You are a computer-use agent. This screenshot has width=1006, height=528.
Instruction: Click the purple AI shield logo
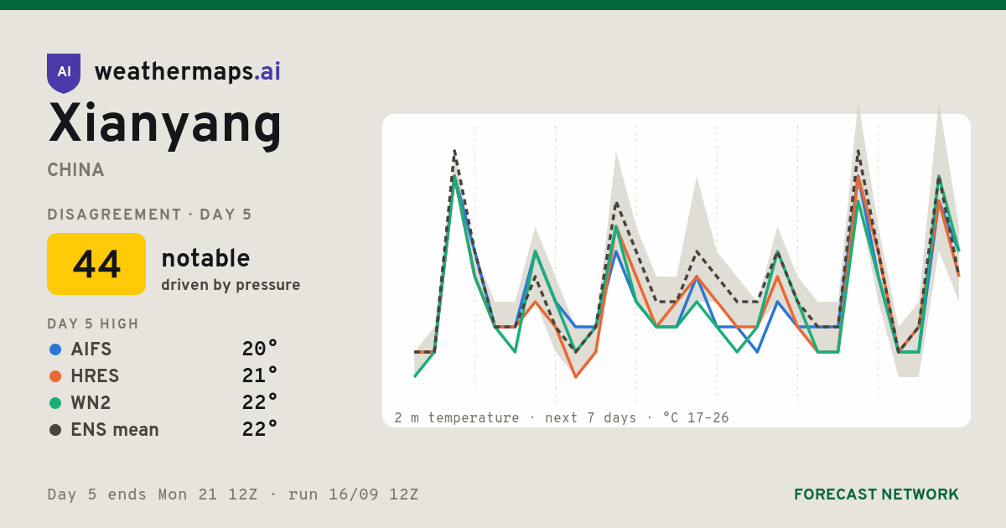tap(64, 73)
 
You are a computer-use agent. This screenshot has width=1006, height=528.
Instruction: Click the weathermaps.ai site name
tap(187, 72)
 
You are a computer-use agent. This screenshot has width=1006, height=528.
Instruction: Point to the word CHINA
tap(75, 170)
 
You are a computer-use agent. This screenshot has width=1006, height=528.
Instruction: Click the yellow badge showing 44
tap(96, 264)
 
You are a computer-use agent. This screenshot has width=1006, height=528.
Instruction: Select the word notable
tap(205, 258)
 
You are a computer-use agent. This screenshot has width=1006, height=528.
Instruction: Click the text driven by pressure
tap(231, 285)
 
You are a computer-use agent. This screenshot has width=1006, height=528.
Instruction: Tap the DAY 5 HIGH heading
tap(93, 324)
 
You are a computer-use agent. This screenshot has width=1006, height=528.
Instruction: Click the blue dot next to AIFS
tap(55, 349)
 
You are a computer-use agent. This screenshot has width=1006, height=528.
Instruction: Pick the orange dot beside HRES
tap(55, 376)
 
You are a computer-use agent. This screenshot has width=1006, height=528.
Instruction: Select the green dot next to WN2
tap(55, 403)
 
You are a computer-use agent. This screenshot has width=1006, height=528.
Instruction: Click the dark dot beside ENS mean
tap(55, 430)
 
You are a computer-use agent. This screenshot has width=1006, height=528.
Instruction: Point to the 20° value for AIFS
tap(260, 349)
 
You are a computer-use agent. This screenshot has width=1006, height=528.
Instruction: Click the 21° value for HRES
tap(260, 375)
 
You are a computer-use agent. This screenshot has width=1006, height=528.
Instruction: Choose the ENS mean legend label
tap(115, 430)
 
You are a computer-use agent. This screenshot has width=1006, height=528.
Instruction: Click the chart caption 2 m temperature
tap(456, 418)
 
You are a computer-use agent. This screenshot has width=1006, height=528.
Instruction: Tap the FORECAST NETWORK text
tap(876, 494)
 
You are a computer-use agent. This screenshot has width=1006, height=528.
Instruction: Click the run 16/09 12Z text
tap(353, 494)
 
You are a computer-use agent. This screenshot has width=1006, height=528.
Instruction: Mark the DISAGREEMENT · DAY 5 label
tap(149, 215)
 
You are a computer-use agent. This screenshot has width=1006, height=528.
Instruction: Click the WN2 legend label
tap(91, 403)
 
